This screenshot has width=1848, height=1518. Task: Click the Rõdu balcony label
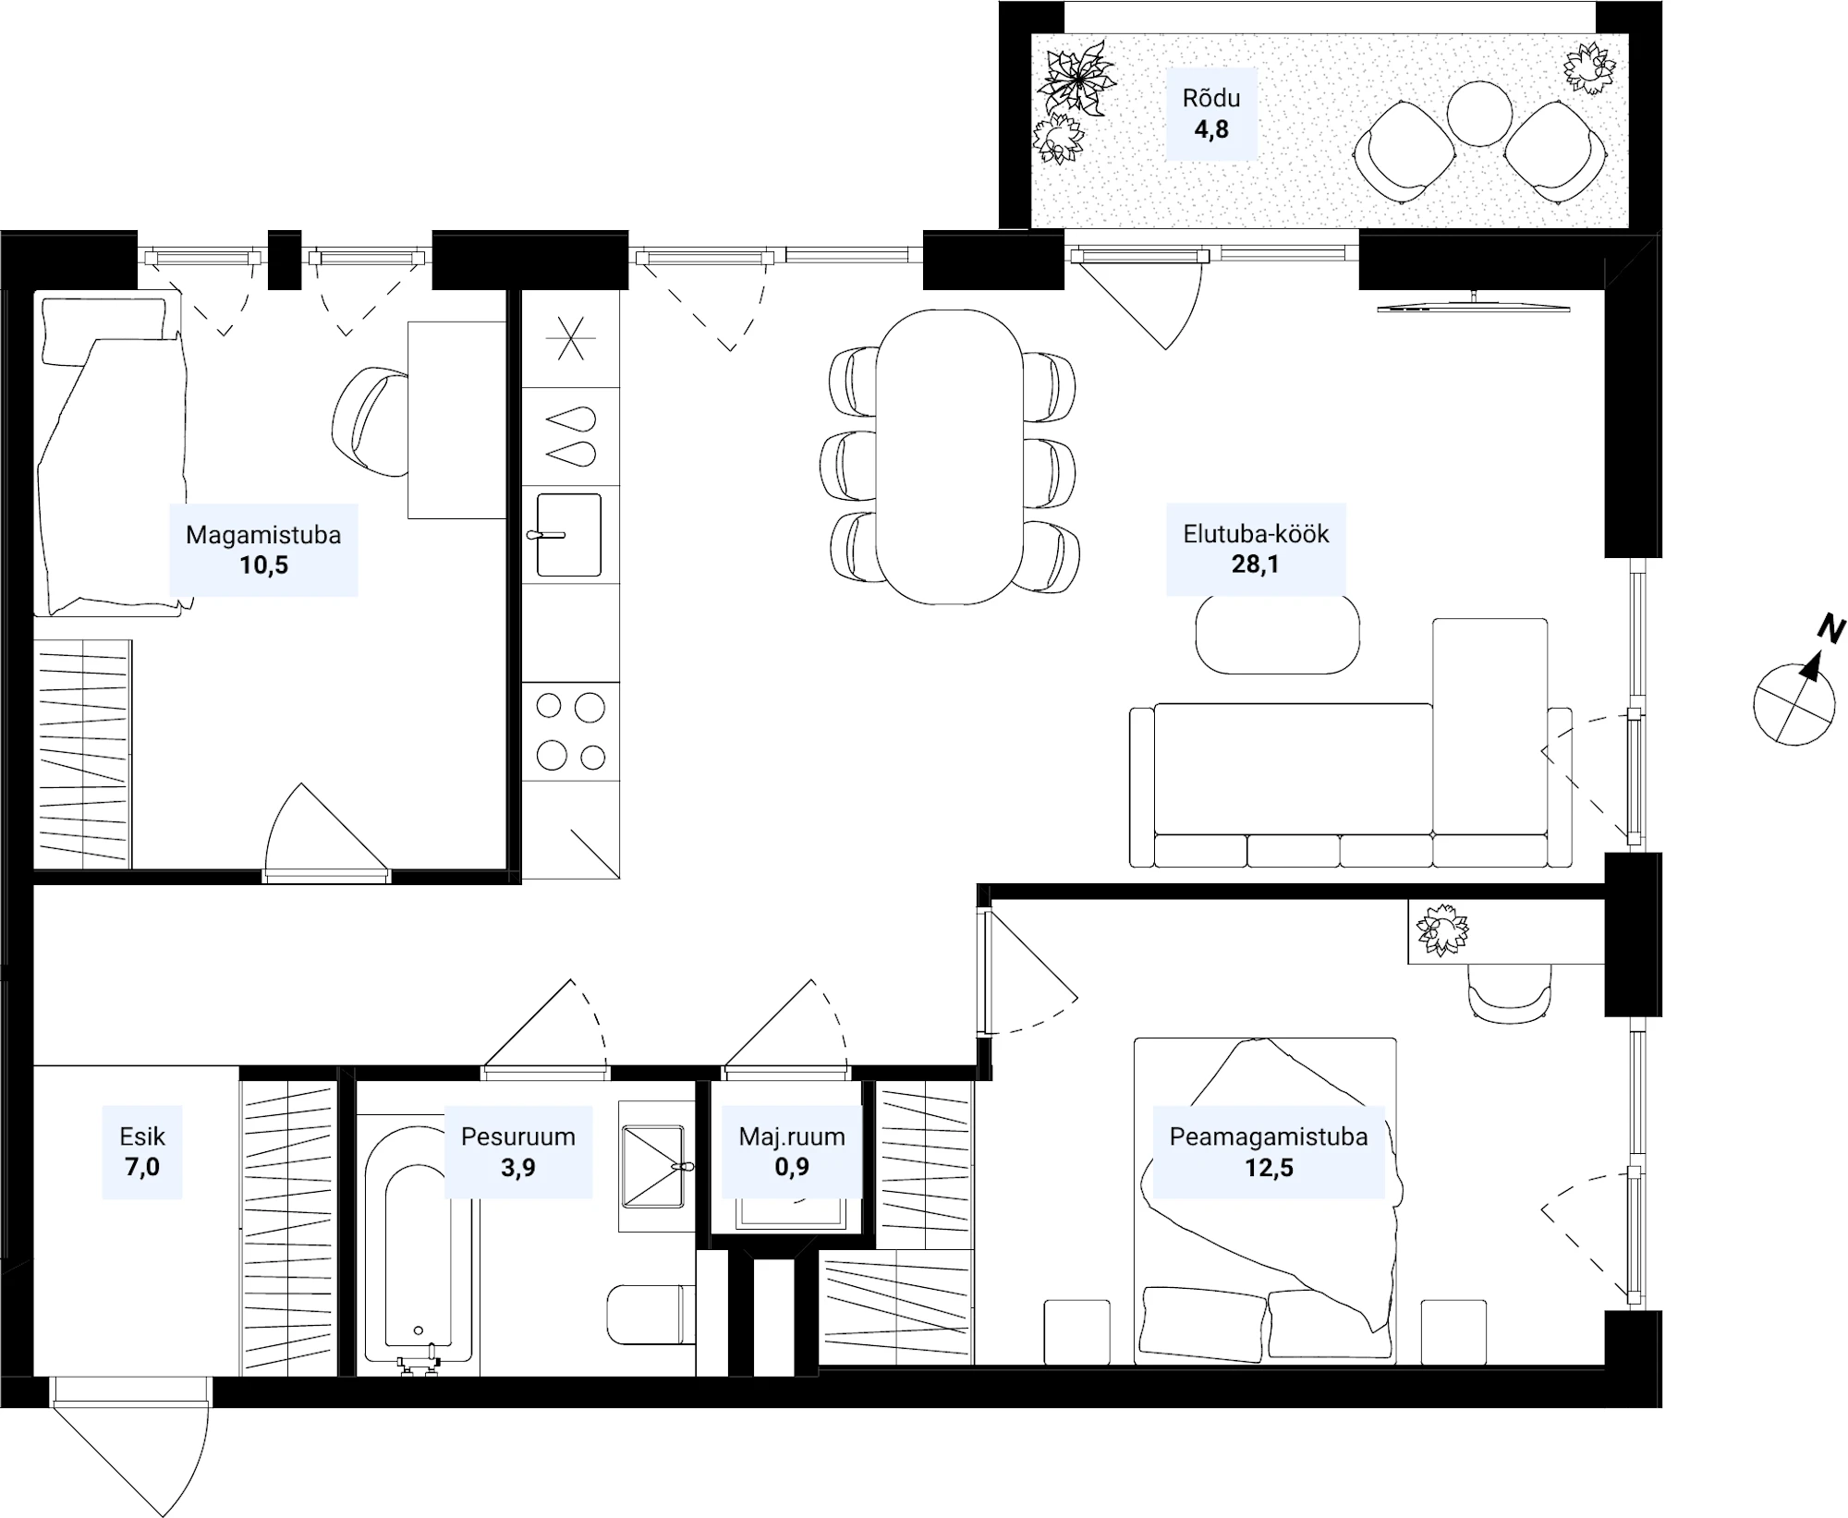pos(1210,98)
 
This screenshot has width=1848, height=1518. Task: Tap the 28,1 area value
pos(1255,564)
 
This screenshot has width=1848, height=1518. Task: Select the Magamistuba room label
pos(263,535)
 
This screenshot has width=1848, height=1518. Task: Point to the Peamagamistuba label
pos(1268,1136)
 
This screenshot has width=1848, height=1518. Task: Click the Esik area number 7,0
pos(142,1167)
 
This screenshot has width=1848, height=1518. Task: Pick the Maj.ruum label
pos(792,1136)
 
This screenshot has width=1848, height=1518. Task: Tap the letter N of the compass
pos(1830,629)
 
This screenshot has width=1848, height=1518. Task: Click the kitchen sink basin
pos(569,535)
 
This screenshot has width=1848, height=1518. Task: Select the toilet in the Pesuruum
pos(650,1315)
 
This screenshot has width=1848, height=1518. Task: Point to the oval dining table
pos(949,456)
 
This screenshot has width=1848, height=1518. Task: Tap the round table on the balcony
pos(1479,113)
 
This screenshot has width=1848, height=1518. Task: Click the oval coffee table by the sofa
pos(1277,634)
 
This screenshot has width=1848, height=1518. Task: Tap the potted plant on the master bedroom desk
pos(1441,929)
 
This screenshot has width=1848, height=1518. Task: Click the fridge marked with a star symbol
pos(570,338)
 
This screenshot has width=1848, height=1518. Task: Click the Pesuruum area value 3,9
pos(517,1168)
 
